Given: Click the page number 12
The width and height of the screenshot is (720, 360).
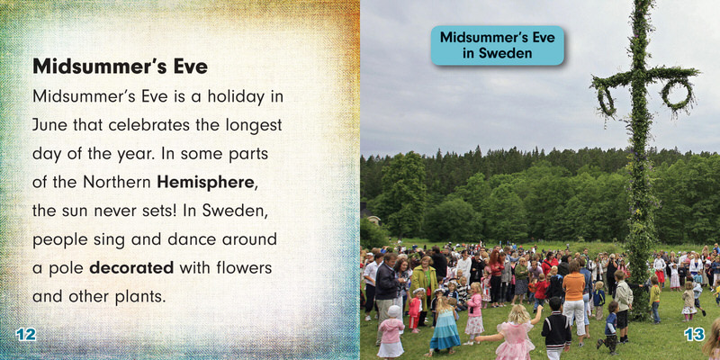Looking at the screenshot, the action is click(26, 334).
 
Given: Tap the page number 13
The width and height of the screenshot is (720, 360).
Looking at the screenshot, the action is click(694, 334).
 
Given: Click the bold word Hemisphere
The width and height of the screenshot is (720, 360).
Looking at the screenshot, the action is click(205, 183).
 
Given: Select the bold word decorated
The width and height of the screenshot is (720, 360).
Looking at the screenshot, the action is click(131, 267).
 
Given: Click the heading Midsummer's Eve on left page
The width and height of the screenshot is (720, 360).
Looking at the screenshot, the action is click(120, 67).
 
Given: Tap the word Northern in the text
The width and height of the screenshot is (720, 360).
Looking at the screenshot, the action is click(117, 183).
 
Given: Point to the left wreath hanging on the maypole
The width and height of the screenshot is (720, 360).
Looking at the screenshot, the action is click(606, 100).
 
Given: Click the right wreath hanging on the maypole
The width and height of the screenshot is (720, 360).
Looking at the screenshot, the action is click(676, 94).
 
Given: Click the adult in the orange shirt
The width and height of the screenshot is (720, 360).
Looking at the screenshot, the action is click(574, 300).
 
